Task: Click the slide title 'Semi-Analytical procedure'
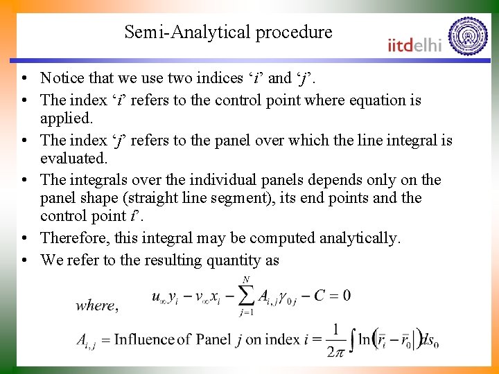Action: [x=228, y=32]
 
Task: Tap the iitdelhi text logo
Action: [x=414, y=45]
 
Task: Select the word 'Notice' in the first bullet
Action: [x=62, y=78]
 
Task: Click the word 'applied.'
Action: [x=67, y=118]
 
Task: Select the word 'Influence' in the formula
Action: [x=144, y=339]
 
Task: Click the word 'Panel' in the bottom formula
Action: [x=213, y=339]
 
